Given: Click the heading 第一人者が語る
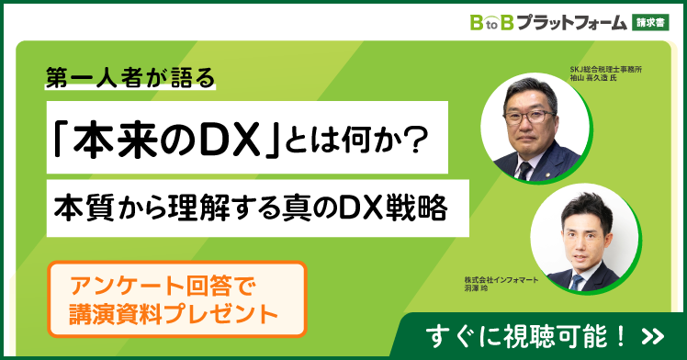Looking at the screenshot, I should tap(130, 80).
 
